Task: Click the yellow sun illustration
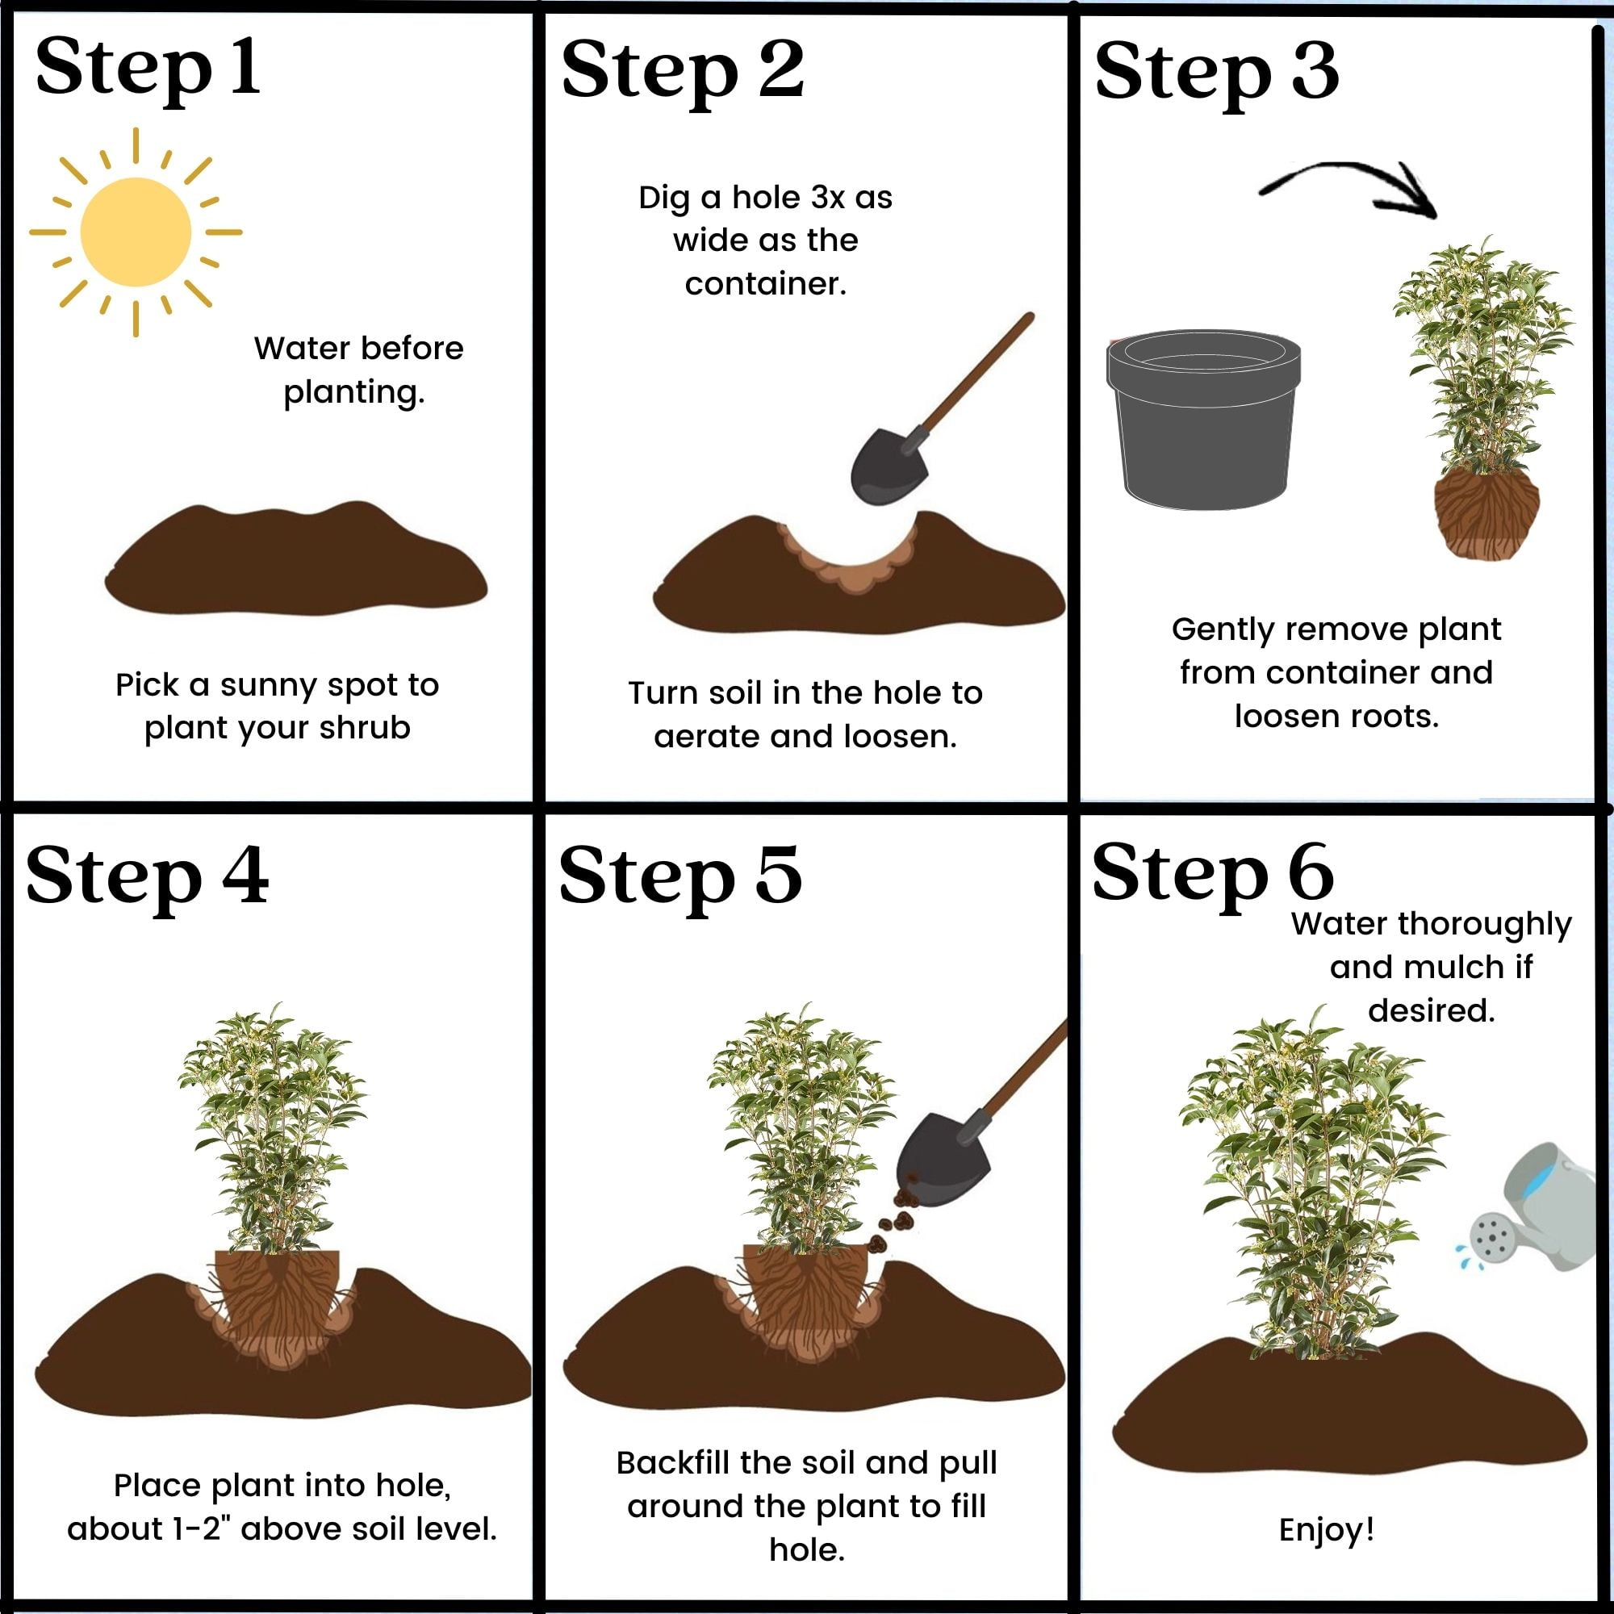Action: (x=136, y=232)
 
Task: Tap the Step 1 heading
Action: (x=148, y=69)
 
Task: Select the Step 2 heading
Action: (x=683, y=71)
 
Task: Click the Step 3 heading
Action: (x=1216, y=73)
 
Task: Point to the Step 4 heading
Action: (x=147, y=876)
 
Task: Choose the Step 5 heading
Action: (x=680, y=876)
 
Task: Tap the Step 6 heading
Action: (x=1212, y=874)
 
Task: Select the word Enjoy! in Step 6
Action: (x=1327, y=1529)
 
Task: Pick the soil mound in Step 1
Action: (x=295, y=558)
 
